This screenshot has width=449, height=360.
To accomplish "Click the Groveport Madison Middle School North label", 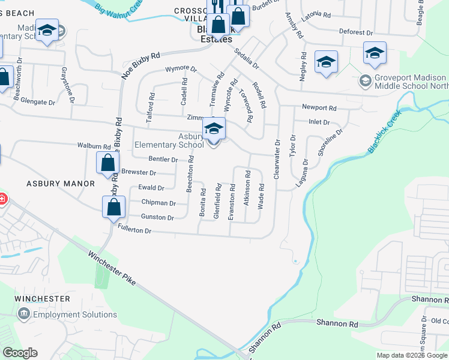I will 411,82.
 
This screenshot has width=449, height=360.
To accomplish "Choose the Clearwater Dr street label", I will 277,160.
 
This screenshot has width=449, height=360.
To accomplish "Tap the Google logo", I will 20,353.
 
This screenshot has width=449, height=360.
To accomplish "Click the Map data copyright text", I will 412,355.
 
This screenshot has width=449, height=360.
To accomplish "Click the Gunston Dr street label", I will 157,217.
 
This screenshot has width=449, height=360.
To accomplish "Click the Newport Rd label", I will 319,108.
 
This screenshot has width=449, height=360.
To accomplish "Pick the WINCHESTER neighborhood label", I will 43,299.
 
